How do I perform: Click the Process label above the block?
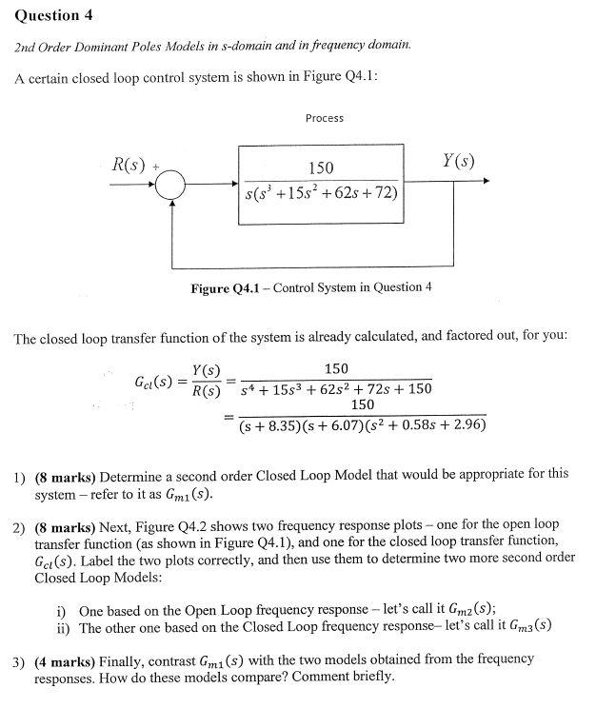coord(325,118)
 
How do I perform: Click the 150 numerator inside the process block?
coord(321,167)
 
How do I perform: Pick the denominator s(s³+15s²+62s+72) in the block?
coord(321,194)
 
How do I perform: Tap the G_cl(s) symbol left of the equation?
coord(156,383)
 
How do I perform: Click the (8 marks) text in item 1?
coord(65,474)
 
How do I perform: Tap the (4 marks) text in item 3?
coord(65,659)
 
